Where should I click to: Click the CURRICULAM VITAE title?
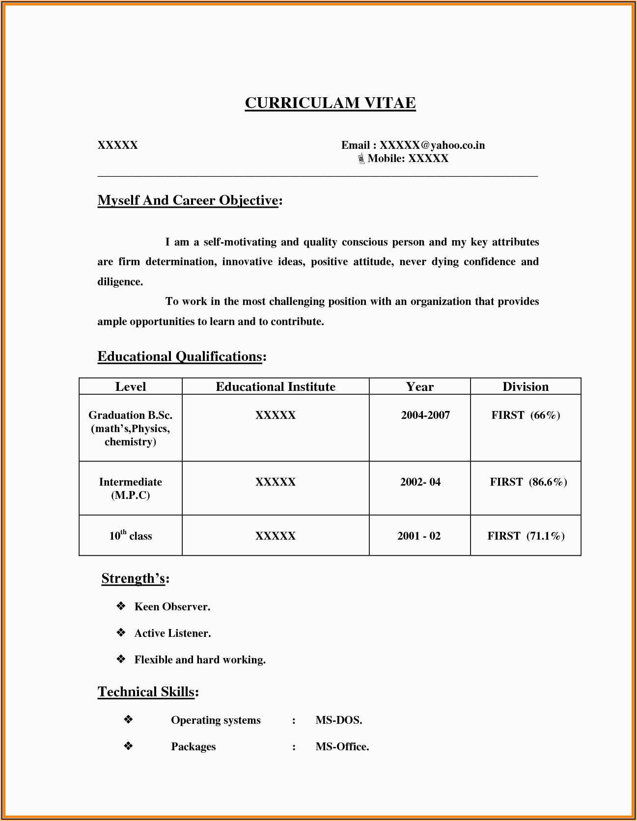(330, 103)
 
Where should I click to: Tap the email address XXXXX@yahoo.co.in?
(432, 145)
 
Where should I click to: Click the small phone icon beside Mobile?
(361, 159)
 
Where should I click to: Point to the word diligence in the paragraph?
(120, 282)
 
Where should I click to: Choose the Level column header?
(131, 386)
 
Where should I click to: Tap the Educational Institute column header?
(276, 386)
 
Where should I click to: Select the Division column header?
(526, 386)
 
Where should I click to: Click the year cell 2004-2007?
(425, 415)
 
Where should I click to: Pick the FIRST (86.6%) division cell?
(528, 482)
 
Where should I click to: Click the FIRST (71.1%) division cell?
(526, 536)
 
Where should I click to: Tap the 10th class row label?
(131, 536)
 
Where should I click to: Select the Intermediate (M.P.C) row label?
(131, 489)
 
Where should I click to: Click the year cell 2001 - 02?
(419, 536)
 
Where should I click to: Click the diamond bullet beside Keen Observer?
(121, 606)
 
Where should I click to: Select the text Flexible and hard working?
(200, 660)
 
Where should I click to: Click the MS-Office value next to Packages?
(342, 747)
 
